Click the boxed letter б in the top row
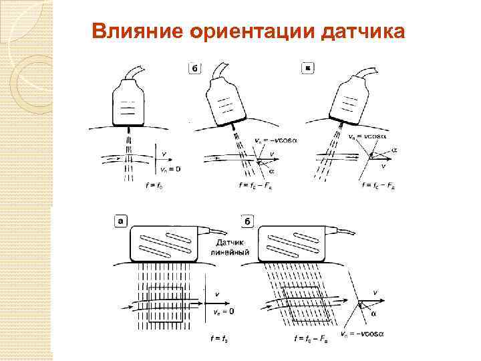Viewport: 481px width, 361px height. (194, 68)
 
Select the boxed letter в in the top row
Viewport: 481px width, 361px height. (307, 68)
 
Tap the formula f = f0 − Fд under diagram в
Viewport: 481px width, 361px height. (377, 185)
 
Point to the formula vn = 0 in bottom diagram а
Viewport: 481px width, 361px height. (222, 312)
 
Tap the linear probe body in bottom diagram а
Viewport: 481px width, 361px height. (164, 243)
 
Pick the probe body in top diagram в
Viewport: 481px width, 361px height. (351, 100)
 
